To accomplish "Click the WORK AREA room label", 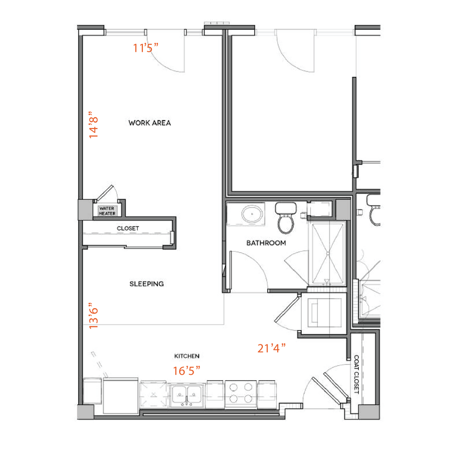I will (x=149, y=123).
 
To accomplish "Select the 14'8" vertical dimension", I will (x=94, y=125).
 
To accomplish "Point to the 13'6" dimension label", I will (x=94, y=316).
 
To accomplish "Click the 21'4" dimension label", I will (x=272, y=349).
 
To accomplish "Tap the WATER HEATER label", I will (x=107, y=211).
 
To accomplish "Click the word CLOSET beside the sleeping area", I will (x=128, y=228).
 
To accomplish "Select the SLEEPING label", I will (x=147, y=284).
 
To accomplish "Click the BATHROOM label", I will (x=266, y=243).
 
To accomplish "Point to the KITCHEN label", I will (x=187, y=356).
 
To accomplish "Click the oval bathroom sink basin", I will (x=250, y=215).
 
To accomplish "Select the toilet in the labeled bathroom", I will (x=286, y=219).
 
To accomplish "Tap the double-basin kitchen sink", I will (x=187, y=396).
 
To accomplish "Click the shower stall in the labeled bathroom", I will (x=328, y=253).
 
